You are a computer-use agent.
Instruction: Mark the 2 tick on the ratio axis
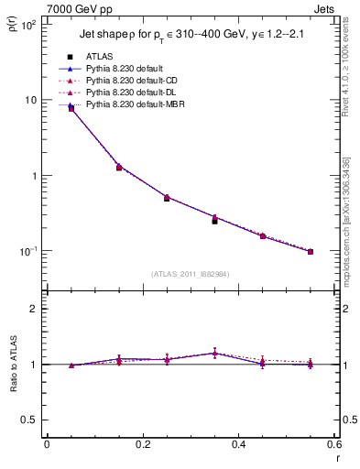point(35,309)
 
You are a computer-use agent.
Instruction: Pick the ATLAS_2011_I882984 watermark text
point(191,273)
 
